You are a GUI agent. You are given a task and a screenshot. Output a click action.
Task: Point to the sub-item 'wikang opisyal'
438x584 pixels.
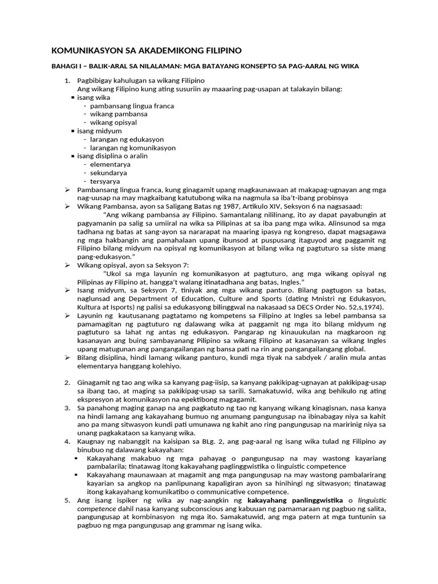(113, 123)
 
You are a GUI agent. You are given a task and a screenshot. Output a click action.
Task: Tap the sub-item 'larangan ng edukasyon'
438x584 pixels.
(127, 139)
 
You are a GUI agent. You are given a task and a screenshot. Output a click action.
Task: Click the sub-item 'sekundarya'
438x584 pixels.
(108, 173)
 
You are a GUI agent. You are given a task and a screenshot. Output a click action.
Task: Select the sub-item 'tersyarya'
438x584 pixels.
(106, 181)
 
